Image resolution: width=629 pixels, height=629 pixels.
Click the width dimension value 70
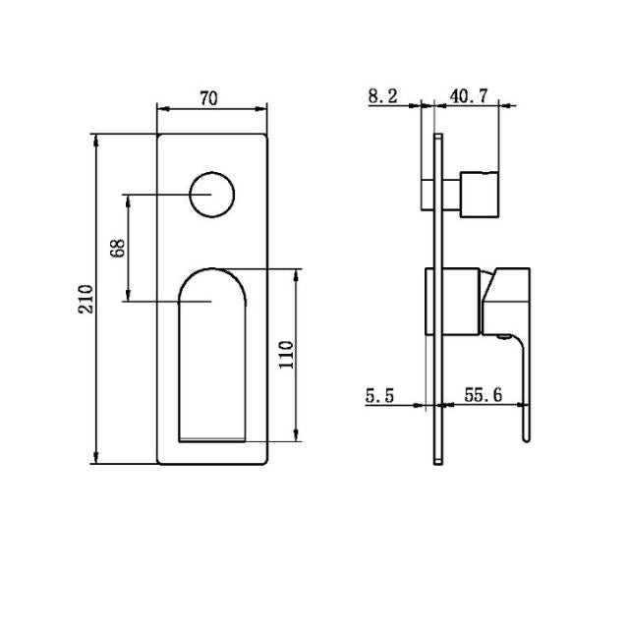(x=208, y=97)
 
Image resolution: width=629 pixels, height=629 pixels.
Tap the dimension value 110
(x=286, y=353)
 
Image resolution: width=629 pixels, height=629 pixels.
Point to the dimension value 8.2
(x=384, y=95)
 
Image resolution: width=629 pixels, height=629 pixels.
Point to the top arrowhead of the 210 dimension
(x=96, y=139)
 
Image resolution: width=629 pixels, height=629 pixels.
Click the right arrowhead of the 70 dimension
(x=263, y=108)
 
